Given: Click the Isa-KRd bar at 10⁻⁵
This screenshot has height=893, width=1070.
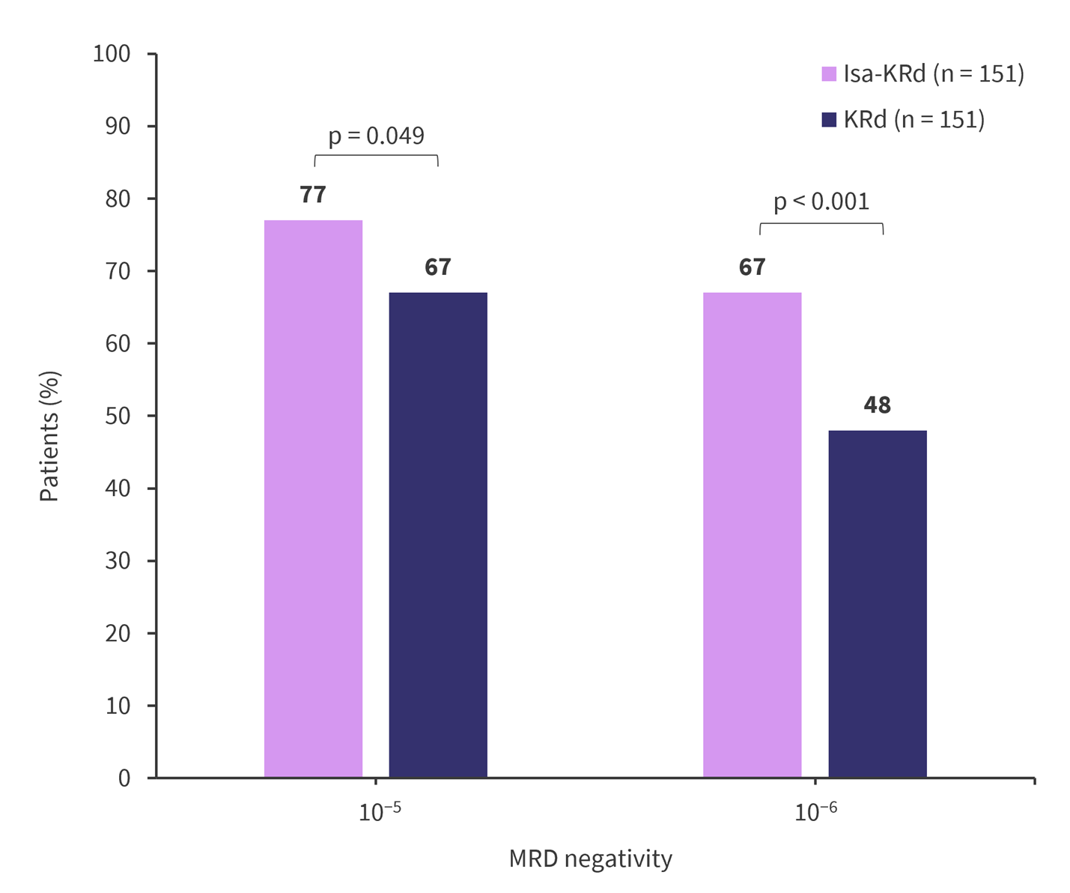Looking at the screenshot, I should pos(313,498).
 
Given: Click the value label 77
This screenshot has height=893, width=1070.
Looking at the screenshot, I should pos(313,195).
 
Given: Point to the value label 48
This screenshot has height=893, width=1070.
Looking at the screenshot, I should pos(877,405).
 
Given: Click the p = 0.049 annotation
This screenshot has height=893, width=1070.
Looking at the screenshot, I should pos(376,136).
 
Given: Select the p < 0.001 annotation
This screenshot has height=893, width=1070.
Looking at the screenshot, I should pos(821,202).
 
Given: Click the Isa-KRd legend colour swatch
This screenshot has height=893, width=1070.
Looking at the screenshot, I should pos(828,73).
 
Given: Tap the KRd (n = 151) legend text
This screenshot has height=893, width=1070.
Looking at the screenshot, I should pos(914,119).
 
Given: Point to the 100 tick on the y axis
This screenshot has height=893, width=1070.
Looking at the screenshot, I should pos(112,54).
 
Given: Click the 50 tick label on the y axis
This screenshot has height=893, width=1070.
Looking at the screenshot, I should pos(118,416).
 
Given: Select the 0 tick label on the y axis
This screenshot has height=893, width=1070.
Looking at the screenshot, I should pos(124,778).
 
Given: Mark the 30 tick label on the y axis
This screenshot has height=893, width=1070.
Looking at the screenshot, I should pos(118,560).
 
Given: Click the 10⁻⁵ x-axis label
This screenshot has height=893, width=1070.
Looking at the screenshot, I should pos(380,812).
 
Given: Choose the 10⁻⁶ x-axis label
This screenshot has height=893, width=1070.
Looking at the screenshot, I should pos(815,812).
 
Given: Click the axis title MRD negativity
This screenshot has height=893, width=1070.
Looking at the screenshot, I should pos(590,859).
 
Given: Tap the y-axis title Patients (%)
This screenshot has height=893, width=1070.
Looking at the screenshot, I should pos(49,436).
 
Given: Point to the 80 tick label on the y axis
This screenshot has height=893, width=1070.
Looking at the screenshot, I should pos(118,199).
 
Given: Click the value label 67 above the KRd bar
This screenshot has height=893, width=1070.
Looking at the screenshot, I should pos(438,267).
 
